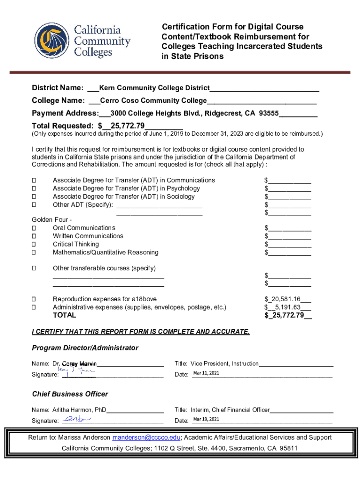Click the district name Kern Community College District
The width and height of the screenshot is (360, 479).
[x=154, y=88]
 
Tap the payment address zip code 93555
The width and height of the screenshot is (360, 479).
[x=269, y=113]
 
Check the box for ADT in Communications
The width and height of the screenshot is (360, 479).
[x=34, y=181]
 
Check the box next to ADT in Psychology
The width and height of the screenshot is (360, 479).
[x=34, y=189]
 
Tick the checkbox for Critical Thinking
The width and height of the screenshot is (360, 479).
[x=34, y=245]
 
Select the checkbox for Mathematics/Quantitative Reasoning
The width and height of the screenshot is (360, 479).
[x=34, y=253]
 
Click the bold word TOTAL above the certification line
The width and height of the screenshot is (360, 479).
[x=64, y=315]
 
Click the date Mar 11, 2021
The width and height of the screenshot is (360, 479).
[x=206, y=373]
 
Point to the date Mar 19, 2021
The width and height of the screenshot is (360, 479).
[x=206, y=419]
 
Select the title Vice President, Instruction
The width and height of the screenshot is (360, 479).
[x=224, y=363]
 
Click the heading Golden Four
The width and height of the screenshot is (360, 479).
[x=51, y=220]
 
